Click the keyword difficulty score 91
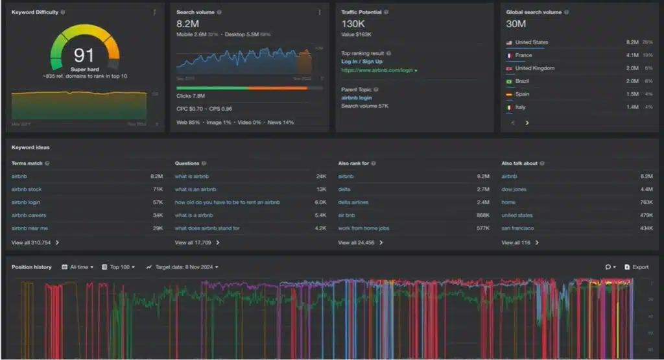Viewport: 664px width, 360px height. click(84, 55)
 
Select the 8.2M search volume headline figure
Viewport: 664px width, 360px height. click(187, 24)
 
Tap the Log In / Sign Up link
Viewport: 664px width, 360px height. click(362, 61)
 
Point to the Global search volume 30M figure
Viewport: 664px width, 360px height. click(516, 24)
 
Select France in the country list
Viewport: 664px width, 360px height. click(523, 55)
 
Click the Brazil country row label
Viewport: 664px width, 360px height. click(523, 81)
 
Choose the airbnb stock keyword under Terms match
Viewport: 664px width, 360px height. click(27, 189)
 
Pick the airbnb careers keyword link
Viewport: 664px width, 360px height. click(29, 215)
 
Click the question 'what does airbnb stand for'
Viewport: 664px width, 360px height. click(207, 228)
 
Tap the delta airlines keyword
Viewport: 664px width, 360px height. click(353, 202)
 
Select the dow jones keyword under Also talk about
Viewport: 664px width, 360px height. click(514, 189)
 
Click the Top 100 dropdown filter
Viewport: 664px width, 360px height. click(119, 267)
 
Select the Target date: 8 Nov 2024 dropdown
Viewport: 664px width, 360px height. click(183, 267)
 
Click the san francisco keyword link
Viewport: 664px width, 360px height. click(517, 228)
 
